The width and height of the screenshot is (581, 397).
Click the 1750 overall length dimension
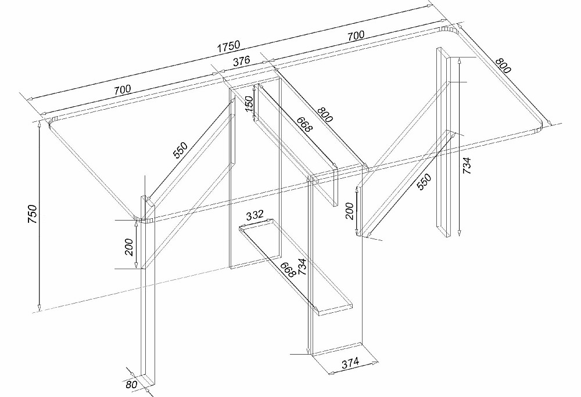228,46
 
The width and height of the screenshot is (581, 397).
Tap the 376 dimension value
241,61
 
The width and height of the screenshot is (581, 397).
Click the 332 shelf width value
254,215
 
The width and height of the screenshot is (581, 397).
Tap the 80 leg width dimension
131,385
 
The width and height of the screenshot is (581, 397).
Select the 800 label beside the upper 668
325,114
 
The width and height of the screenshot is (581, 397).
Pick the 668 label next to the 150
305,124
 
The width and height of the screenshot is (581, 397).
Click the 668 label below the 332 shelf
287,269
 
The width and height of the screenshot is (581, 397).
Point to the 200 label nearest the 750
128,247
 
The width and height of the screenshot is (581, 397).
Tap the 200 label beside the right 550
350,211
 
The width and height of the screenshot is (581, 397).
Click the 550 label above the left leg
181,150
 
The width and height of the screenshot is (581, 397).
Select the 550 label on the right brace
424,182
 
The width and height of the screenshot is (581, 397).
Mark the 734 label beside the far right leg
467,165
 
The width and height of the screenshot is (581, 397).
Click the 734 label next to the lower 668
302,266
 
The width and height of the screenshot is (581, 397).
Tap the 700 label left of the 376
122,89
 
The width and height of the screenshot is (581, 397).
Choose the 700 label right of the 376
356,36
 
